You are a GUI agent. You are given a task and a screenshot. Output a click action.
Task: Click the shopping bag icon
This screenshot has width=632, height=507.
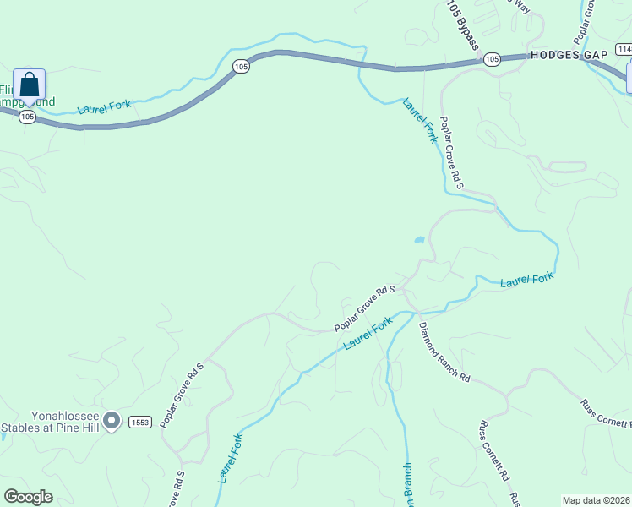[x=29, y=84]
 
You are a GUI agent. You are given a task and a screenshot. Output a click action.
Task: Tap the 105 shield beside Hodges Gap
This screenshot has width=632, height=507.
[x=492, y=59]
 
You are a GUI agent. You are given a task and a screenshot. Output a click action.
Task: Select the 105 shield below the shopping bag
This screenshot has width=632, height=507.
[x=28, y=117]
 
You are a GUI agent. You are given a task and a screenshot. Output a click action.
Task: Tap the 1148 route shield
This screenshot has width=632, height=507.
[x=624, y=50]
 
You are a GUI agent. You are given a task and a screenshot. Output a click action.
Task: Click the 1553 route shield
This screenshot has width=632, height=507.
[x=139, y=421]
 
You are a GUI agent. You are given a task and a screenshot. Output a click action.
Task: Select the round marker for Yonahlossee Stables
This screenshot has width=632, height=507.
[x=112, y=420]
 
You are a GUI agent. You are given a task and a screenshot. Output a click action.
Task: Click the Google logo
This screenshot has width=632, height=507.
[x=28, y=496]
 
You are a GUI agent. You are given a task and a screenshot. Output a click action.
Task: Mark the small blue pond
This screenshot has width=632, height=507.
[x=419, y=240]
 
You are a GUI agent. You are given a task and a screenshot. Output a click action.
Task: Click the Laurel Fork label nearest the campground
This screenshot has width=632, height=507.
[x=104, y=107]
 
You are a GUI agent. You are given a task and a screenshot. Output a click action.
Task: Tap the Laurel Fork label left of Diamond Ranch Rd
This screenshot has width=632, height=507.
[x=368, y=334]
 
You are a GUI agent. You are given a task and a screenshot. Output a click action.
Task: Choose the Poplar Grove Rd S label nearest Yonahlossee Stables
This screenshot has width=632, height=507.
[x=182, y=394]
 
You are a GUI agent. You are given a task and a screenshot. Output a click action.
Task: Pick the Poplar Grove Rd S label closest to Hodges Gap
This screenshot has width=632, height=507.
[x=452, y=152]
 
